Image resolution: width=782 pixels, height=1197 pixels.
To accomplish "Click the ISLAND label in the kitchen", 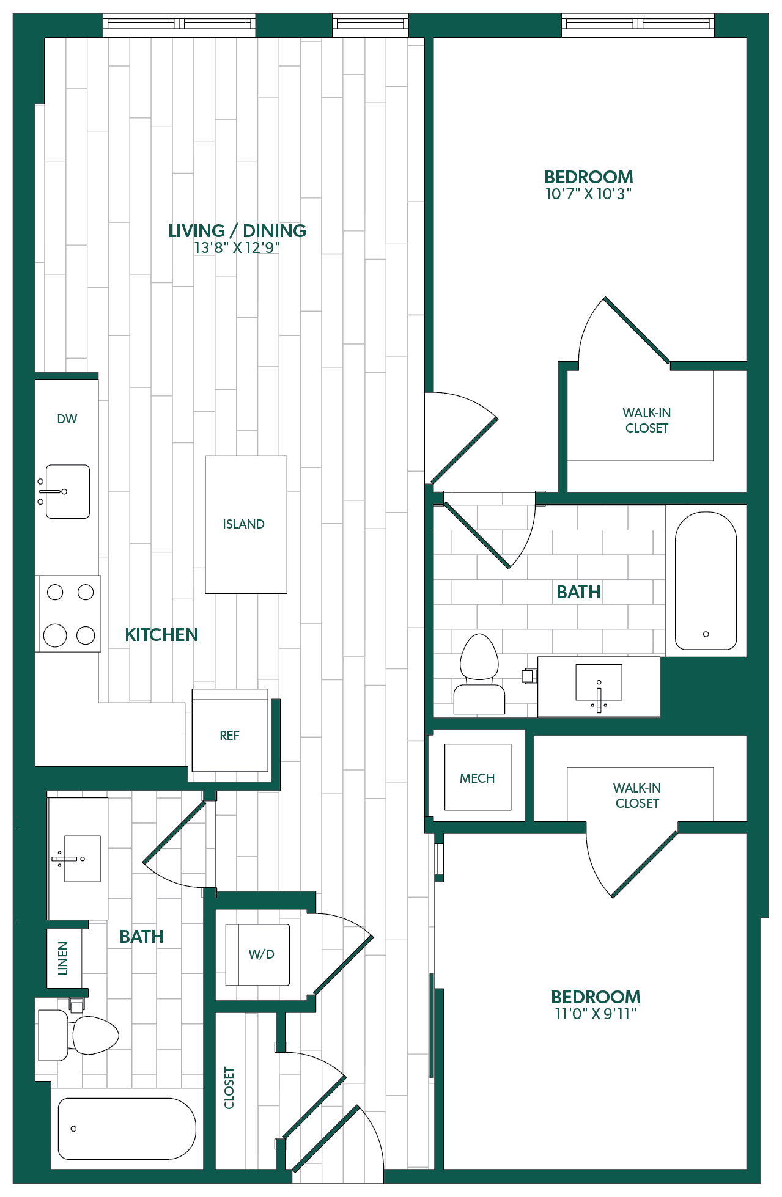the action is coord(243,524).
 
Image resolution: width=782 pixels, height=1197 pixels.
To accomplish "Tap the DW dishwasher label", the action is coord(67,419).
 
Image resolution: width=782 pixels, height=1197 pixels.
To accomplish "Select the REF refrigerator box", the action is coord(230,731).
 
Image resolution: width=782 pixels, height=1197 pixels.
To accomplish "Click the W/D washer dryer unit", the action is coord(257,954).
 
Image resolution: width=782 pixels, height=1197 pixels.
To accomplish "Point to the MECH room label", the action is coord(478,778).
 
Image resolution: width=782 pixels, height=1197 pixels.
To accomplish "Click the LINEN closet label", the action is coord(63,958).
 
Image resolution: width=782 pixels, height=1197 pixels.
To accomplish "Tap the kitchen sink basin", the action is coord(67,492).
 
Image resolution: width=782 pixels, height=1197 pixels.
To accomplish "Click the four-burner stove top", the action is coord(70,613).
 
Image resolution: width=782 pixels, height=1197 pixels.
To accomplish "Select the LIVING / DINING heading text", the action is coord(237,231).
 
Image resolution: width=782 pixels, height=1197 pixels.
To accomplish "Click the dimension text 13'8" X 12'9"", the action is coord(237,247).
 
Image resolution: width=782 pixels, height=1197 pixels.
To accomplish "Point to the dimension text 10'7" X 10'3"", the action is coord(588,194).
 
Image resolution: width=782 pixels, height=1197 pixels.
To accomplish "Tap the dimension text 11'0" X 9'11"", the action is coord(596,1014).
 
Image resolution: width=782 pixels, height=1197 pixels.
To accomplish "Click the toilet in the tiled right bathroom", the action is coord(479,674).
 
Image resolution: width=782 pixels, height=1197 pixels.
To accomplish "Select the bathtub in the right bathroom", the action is coord(706,580).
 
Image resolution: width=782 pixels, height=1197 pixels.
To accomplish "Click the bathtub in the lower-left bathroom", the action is coord(127,1129).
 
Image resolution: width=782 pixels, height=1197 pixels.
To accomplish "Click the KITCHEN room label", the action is coord(161,635).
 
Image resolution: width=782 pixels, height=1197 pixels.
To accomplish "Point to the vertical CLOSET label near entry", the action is coord(229,1088).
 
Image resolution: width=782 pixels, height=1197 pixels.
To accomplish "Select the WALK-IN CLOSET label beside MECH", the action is coord(637,796).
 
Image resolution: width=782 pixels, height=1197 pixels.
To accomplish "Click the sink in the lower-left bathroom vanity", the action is coord(82,858).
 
